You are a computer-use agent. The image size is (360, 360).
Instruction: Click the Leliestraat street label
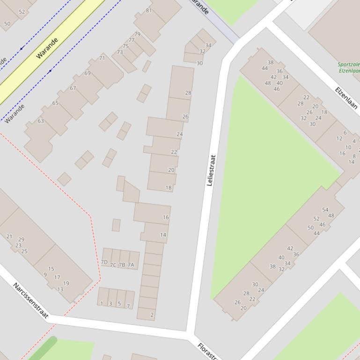[x=210, y=170]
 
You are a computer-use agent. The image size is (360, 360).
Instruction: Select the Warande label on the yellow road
[x=47, y=48]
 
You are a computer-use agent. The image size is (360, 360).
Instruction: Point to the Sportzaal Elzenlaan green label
[x=349, y=68]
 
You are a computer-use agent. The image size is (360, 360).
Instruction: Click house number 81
[x=149, y=10]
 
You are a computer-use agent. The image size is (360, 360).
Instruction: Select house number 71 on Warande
[x=102, y=58]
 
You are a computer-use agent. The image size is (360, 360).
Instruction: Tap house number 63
[x=41, y=121]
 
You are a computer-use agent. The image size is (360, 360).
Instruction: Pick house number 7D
[x=104, y=262]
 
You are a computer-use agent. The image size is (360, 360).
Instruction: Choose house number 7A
[x=131, y=265]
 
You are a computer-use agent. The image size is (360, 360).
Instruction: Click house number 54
[x=325, y=210]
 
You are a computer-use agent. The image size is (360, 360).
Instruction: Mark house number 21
[x=9, y=237]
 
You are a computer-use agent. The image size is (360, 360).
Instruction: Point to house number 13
[x=60, y=289]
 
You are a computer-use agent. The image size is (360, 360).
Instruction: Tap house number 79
[x=137, y=34]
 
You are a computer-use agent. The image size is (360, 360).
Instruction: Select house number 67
[x=73, y=88]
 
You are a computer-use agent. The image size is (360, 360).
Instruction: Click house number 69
[x=88, y=73]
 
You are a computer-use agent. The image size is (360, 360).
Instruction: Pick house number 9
[x=45, y=274]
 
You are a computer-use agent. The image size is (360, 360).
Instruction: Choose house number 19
[x=66, y=283]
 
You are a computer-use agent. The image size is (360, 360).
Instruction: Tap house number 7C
[x=113, y=265]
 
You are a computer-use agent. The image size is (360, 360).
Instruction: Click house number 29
[x=21, y=240]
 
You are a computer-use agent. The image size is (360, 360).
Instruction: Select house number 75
[x=125, y=46]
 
